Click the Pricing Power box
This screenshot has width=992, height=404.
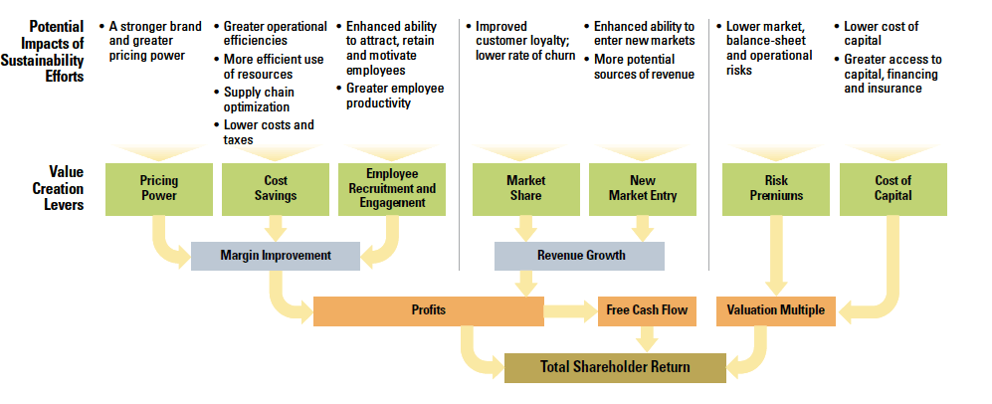159,189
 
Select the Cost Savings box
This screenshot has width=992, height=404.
276,189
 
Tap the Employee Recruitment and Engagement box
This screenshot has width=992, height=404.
392,189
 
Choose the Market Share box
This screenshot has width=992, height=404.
525,189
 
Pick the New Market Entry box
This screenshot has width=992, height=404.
643,189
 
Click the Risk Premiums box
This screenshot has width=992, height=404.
776,189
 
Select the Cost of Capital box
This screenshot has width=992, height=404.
893,189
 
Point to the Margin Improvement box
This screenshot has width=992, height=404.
276,256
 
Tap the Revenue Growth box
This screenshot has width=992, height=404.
579,256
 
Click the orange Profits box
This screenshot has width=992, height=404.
428,311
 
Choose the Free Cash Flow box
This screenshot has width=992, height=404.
647,311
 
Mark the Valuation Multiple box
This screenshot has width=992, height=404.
776,311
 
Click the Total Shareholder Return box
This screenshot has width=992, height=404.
615,367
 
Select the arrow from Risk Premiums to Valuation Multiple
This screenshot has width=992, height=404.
776,256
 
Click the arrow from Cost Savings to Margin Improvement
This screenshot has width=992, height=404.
276,229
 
